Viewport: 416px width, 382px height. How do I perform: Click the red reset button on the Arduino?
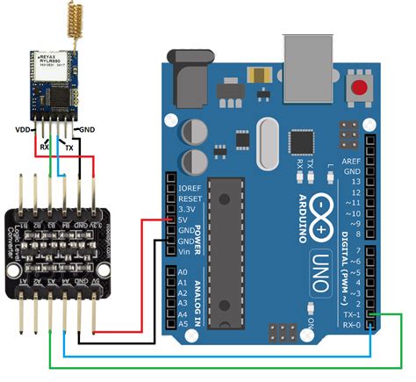358,87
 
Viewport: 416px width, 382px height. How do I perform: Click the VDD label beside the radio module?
24,129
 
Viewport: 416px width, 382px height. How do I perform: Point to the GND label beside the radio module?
88,129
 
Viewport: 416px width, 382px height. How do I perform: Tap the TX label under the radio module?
69,148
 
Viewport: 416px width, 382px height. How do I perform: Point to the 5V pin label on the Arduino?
183,220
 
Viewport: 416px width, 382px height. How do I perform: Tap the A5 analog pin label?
183,325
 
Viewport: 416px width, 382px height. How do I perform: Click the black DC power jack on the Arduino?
190,83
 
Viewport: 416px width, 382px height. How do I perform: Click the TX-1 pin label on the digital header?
352,314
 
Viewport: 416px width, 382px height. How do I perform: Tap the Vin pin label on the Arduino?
183,251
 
